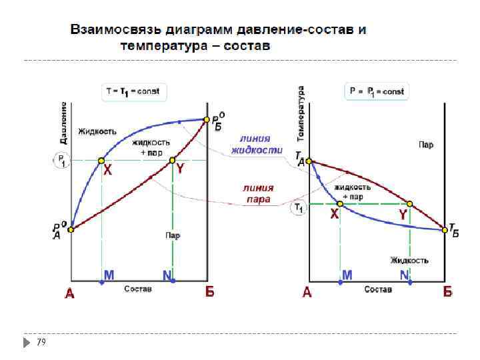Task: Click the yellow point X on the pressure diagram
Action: (101, 161)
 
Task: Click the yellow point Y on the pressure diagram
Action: (173, 161)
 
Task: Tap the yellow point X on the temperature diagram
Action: (340, 203)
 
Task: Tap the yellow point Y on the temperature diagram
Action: (410, 203)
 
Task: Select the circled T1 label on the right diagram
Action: (298, 208)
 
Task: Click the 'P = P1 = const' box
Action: (376, 91)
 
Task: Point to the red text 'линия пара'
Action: (257, 193)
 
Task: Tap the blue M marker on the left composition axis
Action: (102, 282)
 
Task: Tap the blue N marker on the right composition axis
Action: (410, 282)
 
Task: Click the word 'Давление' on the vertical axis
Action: (63, 123)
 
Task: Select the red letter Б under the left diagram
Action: (209, 292)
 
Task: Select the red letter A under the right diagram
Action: (307, 292)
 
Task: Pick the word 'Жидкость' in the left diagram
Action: (97, 131)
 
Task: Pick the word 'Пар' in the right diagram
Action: (426, 145)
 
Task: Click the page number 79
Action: (41, 341)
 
